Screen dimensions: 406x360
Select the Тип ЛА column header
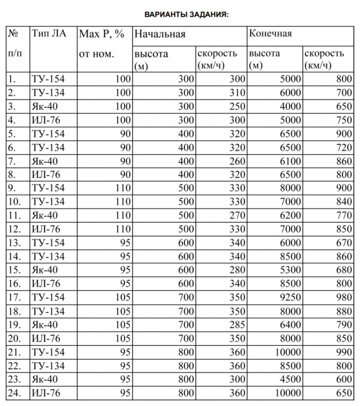pos(49,34)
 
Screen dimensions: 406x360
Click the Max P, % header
pos(102,34)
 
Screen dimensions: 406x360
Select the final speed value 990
pos(344,352)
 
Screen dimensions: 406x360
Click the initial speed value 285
pos(235,325)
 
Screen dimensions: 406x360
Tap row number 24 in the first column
pos(14,393)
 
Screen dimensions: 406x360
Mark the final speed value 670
pos(344,243)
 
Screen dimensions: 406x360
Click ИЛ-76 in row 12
pos(48,229)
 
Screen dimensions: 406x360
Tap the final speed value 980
pos(344,297)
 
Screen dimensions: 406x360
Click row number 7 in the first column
pos(12,161)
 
